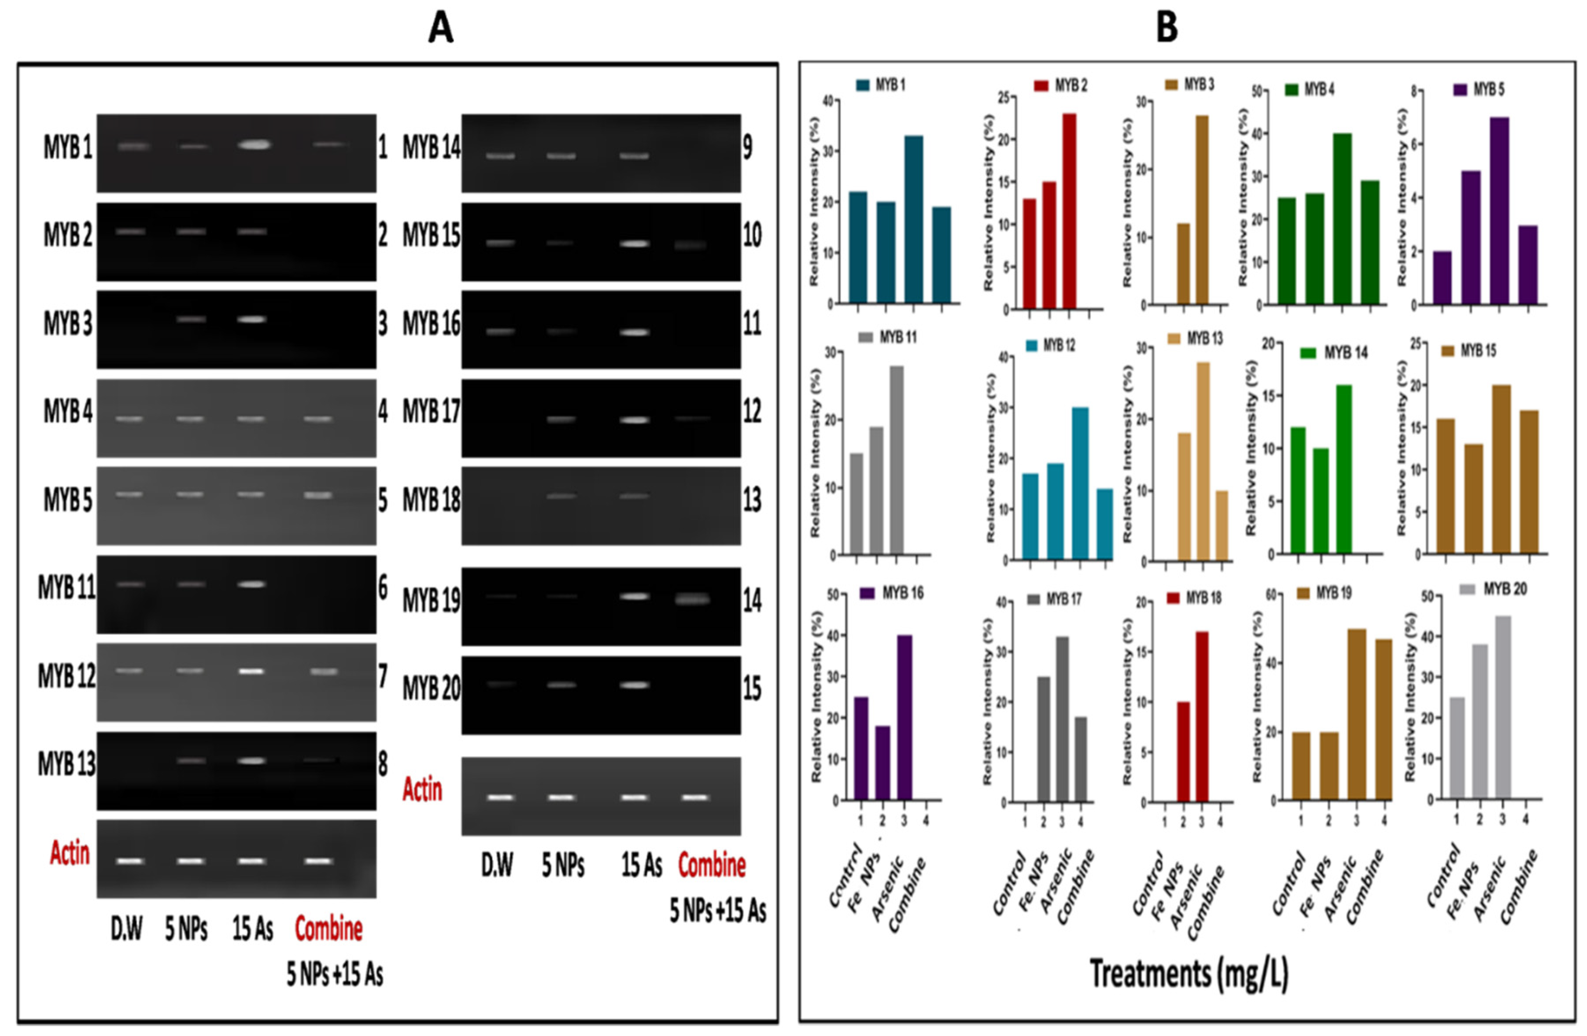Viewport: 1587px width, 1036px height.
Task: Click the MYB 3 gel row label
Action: (68, 324)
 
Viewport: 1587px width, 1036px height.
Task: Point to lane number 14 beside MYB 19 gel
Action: (752, 601)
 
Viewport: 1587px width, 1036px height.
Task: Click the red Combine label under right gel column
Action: (712, 865)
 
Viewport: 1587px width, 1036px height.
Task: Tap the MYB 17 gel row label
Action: (431, 413)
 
